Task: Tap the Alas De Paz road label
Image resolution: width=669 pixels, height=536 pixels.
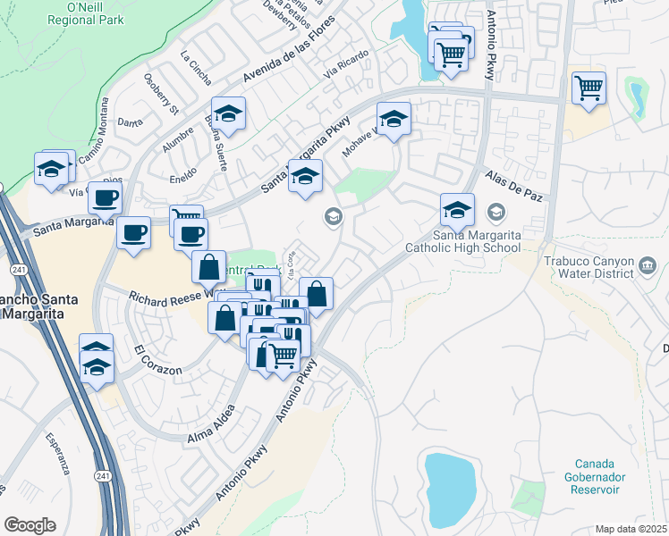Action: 515,185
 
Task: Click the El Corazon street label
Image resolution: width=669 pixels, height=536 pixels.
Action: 158,359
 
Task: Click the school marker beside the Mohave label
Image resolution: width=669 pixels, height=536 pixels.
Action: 393,117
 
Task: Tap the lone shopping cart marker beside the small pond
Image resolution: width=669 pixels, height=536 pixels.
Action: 589,88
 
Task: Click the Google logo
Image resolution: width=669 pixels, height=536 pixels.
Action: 30,525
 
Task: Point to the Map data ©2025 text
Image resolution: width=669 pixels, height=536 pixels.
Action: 631,529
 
